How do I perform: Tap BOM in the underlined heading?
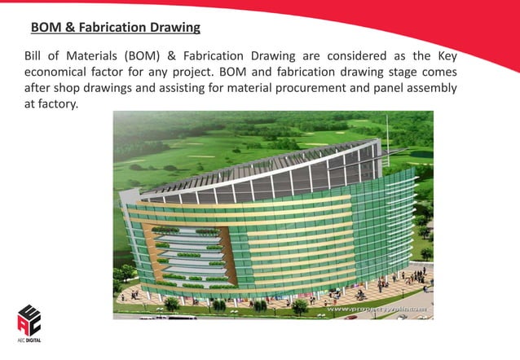tap(44, 29)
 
